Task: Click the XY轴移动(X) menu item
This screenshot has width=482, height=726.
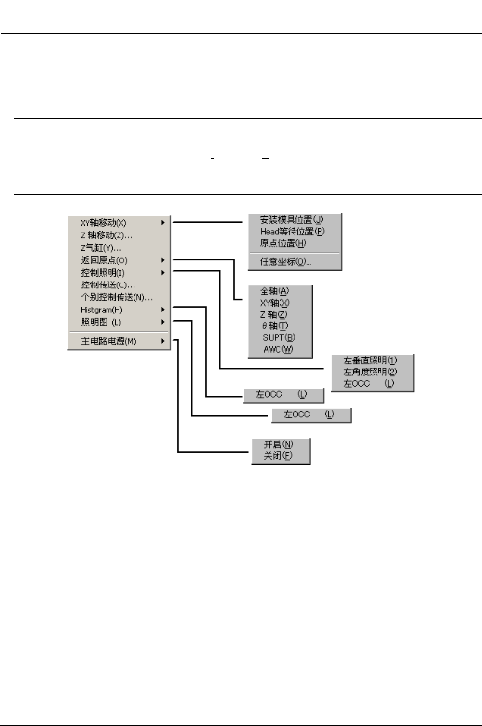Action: (x=104, y=223)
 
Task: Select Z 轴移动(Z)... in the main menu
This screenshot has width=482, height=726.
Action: (x=106, y=235)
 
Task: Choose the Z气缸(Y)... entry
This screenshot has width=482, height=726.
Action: (x=101, y=248)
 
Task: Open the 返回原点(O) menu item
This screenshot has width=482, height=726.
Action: (x=104, y=260)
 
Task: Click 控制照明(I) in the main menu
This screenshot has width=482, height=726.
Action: (x=103, y=273)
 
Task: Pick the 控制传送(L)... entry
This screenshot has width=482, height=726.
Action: (x=108, y=285)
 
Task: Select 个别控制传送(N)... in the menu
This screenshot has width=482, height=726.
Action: (x=117, y=297)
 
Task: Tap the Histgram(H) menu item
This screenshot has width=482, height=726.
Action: (x=102, y=310)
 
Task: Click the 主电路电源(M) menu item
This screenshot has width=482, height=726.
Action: (x=108, y=341)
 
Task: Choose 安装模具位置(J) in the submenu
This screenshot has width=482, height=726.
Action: (x=292, y=220)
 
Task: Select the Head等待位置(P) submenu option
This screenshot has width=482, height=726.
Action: (x=293, y=232)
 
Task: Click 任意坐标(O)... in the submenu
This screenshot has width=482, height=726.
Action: (x=285, y=261)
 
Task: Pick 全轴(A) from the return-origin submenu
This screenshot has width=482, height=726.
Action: (x=274, y=291)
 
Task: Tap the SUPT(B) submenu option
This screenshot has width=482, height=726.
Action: (x=279, y=337)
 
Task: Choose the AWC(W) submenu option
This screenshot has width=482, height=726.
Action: (x=278, y=349)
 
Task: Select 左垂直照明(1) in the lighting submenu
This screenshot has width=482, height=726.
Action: (x=370, y=361)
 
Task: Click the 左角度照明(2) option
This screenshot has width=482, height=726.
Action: (x=370, y=372)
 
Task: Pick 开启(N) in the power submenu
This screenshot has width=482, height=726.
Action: (x=278, y=444)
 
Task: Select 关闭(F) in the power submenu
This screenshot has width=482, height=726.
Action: (x=278, y=456)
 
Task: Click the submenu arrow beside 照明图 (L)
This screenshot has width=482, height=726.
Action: (x=163, y=322)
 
